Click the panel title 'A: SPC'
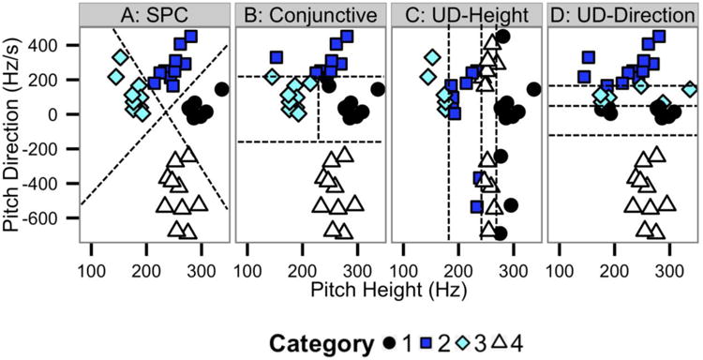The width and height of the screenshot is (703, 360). click(153, 14)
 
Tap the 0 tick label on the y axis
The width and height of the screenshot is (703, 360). click(66, 114)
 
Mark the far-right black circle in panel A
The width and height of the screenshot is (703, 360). click(222, 89)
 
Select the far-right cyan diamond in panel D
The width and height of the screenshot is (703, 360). click(689, 89)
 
